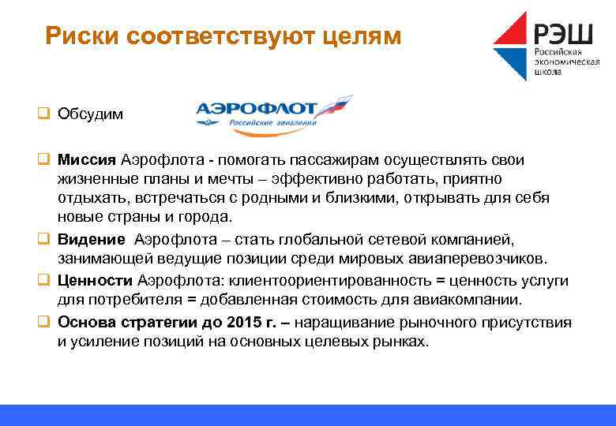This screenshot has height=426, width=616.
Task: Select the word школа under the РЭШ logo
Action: (x=548, y=73)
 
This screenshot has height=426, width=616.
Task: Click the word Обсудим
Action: (x=90, y=114)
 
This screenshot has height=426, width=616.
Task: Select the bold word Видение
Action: (x=91, y=239)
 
